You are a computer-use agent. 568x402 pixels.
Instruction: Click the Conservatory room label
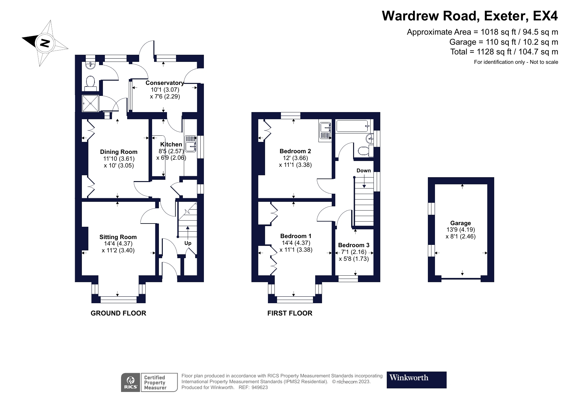point(165,83)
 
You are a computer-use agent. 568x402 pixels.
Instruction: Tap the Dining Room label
point(119,152)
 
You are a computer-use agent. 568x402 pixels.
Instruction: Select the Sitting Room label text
point(118,237)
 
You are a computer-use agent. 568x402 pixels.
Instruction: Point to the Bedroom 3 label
point(354,245)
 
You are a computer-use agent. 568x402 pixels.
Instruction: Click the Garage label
point(461,223)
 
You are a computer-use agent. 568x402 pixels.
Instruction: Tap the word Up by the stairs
point(188,243)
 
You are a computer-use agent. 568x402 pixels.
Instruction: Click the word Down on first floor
point(364,171)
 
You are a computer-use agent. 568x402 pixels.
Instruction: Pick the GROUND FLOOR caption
point(118,313)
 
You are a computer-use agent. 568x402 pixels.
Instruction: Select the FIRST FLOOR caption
point(290,313)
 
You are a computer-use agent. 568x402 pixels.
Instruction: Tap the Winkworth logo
point(417,380)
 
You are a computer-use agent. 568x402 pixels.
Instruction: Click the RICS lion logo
point(131,382)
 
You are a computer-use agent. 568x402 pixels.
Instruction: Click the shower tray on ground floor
point(90,103)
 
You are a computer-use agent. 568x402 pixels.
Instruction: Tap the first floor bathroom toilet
point(365,150)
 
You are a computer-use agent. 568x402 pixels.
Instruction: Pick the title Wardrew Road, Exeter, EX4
point(470,16)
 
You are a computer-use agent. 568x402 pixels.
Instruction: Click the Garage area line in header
point(504,42)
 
